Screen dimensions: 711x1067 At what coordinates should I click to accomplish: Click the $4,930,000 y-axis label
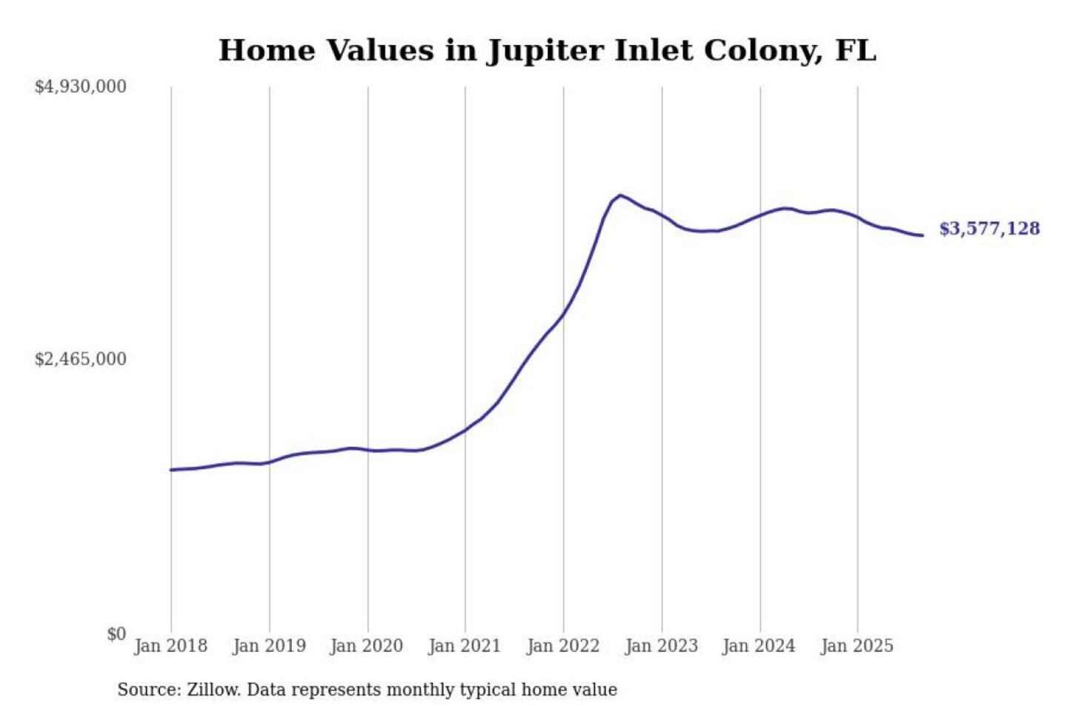80,87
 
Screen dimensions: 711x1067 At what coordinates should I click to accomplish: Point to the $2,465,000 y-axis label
80,359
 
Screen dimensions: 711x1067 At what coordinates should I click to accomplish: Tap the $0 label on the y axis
116,634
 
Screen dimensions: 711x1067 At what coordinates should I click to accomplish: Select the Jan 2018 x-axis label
170,646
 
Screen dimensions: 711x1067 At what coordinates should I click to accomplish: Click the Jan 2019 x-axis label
269,646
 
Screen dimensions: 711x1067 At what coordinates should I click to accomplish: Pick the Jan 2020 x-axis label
367,646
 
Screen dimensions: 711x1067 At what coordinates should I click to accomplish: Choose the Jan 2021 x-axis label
465,646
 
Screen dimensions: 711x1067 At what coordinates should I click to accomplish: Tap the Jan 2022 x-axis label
563,646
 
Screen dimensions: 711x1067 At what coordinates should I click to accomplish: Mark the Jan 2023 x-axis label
662,646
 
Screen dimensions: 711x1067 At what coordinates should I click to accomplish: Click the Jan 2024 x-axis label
759,646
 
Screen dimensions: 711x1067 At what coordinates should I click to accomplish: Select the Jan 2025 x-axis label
857,646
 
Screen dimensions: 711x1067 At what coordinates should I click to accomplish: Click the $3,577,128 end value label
989,228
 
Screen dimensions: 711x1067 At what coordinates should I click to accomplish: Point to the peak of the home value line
620,196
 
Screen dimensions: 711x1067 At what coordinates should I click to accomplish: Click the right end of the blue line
922,236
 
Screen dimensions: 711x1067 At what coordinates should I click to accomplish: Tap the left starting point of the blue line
171,470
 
